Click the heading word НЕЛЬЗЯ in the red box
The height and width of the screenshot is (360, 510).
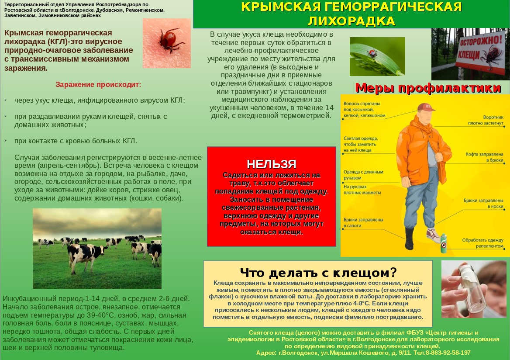(271, 164)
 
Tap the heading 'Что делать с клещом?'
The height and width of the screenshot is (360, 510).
(318, 273)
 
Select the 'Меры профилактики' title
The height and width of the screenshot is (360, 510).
(428, 88)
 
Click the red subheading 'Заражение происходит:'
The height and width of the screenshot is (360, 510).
(98, 84)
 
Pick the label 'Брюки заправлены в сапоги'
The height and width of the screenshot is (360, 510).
(363, 223)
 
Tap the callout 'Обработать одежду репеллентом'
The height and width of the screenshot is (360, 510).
(483, 243)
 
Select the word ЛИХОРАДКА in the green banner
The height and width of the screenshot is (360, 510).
(351, 21)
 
